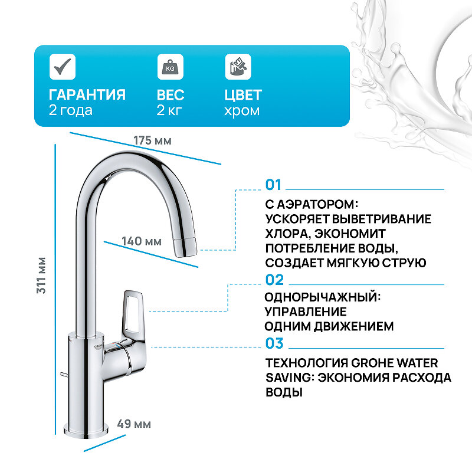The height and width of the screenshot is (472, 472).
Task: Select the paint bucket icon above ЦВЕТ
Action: [x=237, y=67]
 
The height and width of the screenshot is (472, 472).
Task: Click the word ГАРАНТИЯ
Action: [x=87, y=95]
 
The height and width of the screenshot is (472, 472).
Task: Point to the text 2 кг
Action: [x=170, y=110]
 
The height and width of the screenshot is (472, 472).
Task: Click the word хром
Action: [x=242, y=110]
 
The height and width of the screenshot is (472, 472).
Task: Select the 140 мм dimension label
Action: [x=142, y=241]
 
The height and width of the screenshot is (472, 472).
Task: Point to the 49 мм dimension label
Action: [x=134, y=424]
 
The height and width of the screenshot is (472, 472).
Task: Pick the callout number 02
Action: [x=274, y=280]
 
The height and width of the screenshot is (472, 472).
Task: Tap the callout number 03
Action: [x=274, y=343]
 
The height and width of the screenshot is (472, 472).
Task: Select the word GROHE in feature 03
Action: [x=372, y=363]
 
